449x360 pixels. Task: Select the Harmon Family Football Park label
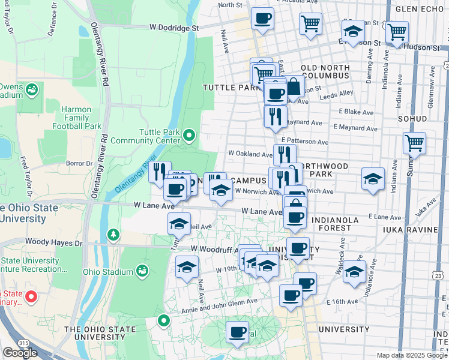[x=76, y=118]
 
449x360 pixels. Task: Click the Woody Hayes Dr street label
[x=53, y=243]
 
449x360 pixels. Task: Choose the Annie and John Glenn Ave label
[x=220, y=304]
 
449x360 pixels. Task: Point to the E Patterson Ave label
[x=309, y=143]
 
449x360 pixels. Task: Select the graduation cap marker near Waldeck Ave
[x=355, y=271]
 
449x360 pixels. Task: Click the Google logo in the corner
[x=20, y=353]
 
